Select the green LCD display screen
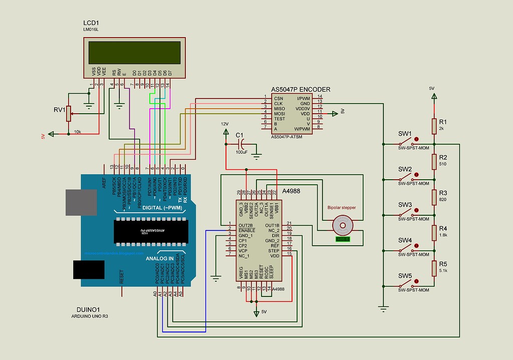[x=134, y=52]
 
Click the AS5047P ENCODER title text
[x=301, y=90]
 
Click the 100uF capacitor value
[x=241, y=152]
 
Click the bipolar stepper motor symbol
[x=343, y=226]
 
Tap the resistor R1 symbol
[x=434, y=127]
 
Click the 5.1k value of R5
[x=443, y=270]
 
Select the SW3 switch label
[x=405, y=205]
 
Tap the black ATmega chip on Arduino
[x=149, y=231]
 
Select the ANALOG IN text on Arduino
[x=159, y=258]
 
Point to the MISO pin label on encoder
[x=280, y=108]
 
